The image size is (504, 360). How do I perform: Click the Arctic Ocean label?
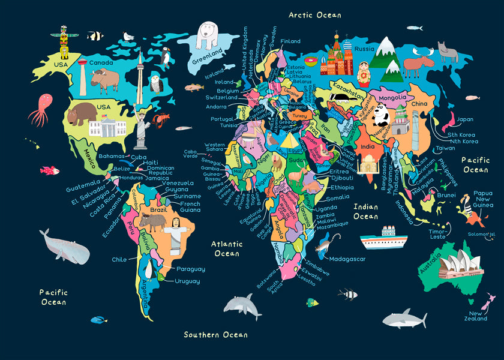pos(314,15)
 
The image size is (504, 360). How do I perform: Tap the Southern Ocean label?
pos(215,334)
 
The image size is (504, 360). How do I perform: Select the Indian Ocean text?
pos(365,211)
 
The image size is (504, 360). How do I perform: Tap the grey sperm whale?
pos(64,247)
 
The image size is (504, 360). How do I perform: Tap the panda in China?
pos(383,114)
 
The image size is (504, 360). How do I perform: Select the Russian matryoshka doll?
pos(364,72)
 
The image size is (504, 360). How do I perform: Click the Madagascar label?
pos(348,259)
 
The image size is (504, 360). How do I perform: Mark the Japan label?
pos(465,119)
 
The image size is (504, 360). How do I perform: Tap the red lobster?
pos(160,120)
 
